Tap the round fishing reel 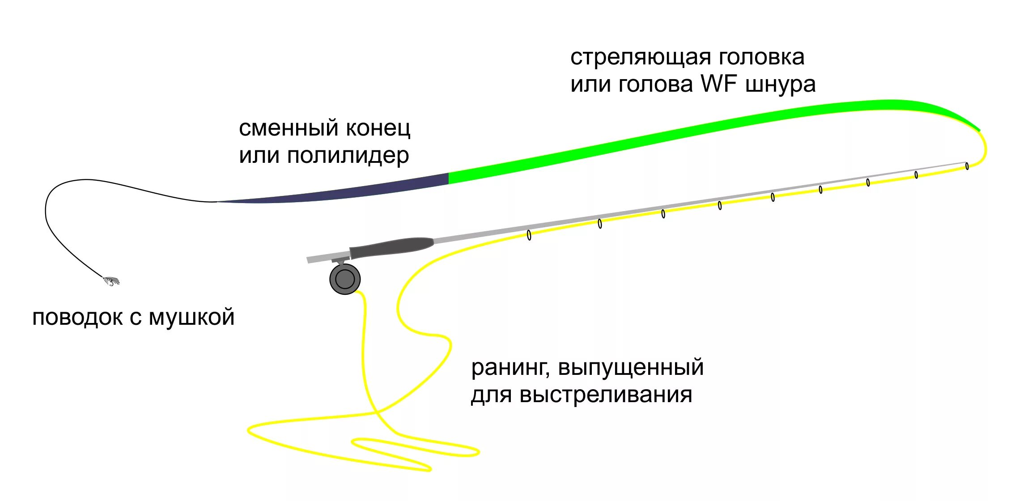point(345,279)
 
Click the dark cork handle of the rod point(392,247)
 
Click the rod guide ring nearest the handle point(529,235)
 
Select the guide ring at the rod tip point(967,166)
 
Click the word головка point(761,57)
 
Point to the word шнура point(781,85)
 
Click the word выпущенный point(631,368)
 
